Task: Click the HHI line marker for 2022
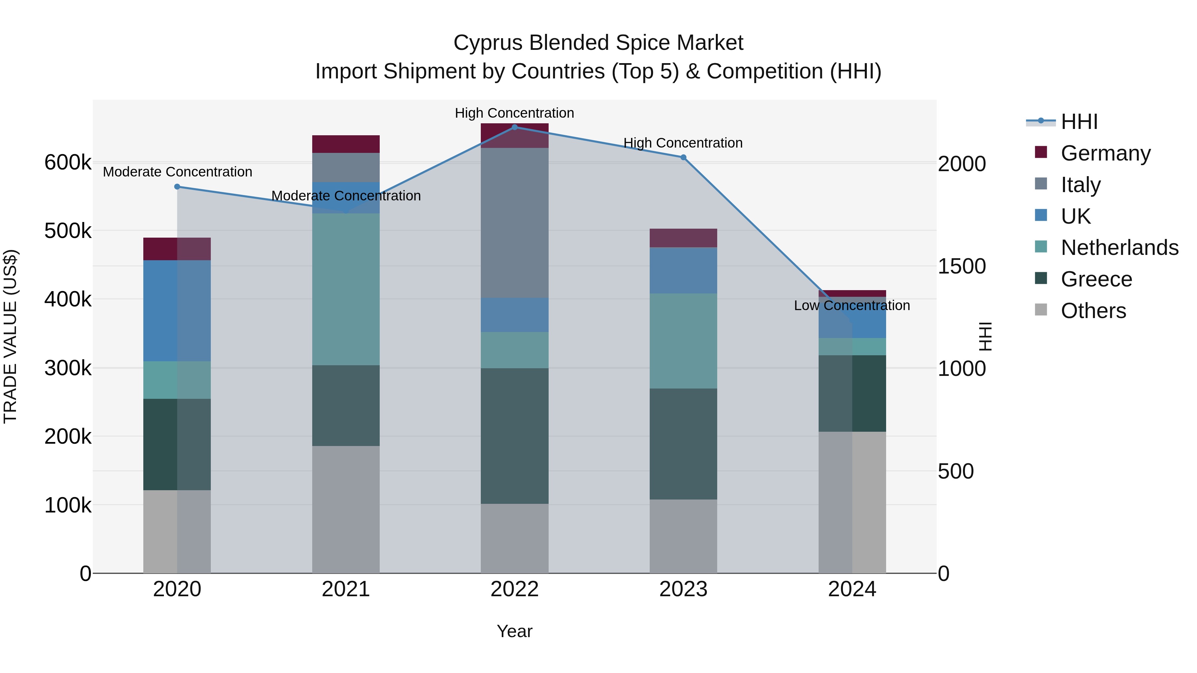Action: click(x=514, y=127)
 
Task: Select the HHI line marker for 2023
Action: click(x=683, y=158)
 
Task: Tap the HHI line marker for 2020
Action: click(x=177, y=187)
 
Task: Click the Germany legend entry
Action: click(x=1105, y=153)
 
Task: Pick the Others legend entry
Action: click(x=1093, y=310)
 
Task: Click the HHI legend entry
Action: click(x=1079, y=122)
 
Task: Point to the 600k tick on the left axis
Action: click(x=68, y=163)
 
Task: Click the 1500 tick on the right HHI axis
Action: click(x=961, y=266)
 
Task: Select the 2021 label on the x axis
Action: click(x=346, y=589)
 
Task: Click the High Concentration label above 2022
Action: click(x=514, y=113)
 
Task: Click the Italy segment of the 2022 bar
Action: click(x=514, y=223)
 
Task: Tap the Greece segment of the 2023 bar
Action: click(x=683, y=444)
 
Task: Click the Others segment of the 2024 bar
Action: click(x=852, y=502)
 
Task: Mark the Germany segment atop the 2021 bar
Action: click(x=346, y=144)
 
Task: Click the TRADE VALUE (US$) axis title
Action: click(x=10, y=336)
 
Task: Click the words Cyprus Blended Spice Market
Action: click(x=598, y=43)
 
